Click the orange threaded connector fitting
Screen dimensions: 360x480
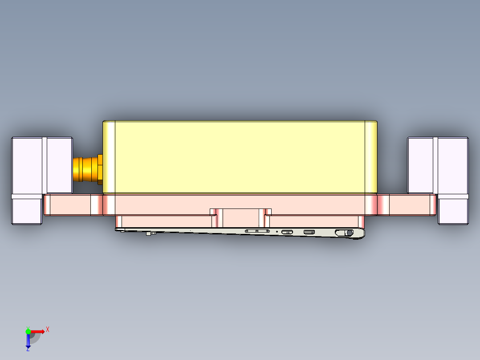tap(85, 169)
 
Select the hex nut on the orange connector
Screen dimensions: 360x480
tap(100, 169)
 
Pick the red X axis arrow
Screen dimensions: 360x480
tap(37, 331)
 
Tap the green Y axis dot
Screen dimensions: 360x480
tap(28, 331)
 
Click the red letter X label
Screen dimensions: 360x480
tap(47, 329)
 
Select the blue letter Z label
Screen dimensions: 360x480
tap(28, 349)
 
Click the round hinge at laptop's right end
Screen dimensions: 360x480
tap(350, 233)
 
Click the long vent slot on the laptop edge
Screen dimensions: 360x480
tap(257, 231)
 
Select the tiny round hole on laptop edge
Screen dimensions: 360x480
tap(277, 232)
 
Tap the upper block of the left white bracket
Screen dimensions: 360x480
tap(41, 165)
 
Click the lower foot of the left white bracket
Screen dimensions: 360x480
tap(27, 211)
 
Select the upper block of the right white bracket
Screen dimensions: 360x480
tap(438, 165)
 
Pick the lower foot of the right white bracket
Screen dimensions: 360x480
tap(453, 211)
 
